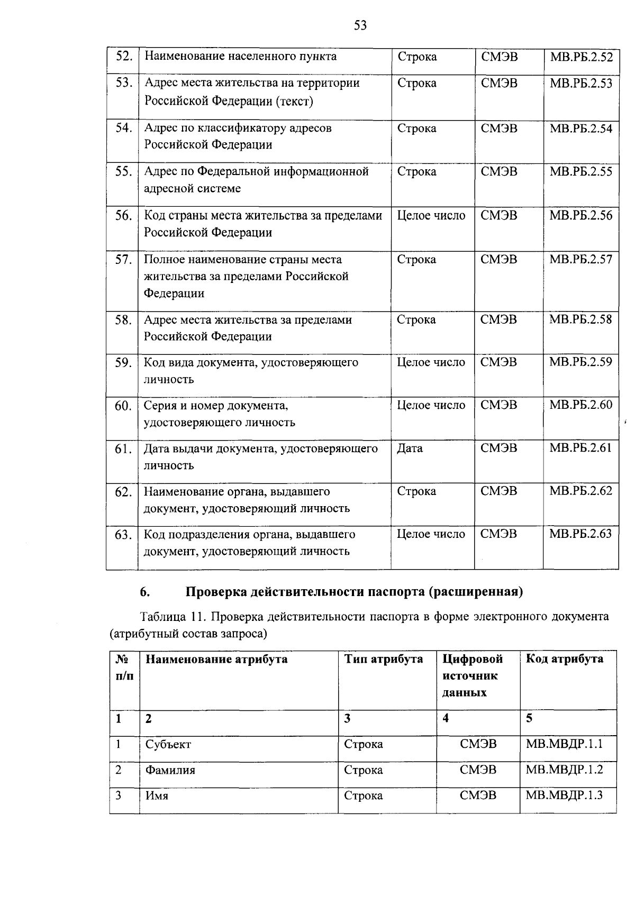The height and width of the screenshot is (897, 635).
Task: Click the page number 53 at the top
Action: (360, 25)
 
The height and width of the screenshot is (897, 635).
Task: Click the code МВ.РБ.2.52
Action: (580, 57)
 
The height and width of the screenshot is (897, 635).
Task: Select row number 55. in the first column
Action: (123, 171)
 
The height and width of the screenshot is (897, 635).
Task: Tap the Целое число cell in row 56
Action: (431, 216)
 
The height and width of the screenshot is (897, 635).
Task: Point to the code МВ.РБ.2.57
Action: (580, 259)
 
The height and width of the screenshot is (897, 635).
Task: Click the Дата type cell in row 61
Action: (410, 448)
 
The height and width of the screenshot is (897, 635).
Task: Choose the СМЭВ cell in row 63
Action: (498, 534)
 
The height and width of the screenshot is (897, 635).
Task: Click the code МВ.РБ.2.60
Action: (580, 405)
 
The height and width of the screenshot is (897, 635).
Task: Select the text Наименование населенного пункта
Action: (240, 57)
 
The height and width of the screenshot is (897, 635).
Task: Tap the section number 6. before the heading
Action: (144, 592)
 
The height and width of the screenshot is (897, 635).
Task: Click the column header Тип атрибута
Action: (384, 659)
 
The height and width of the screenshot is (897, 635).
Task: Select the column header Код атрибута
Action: (564, 659)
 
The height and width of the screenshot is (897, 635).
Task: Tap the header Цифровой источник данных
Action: (472, 675)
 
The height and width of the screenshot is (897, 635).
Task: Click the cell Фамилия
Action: (170, 770)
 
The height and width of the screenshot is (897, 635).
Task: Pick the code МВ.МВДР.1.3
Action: (564, 795)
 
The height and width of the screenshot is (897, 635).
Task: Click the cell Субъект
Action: (168, 744)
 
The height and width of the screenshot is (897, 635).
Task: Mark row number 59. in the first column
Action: (123, 363)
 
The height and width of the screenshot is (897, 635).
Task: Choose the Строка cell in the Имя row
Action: (363, 795)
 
